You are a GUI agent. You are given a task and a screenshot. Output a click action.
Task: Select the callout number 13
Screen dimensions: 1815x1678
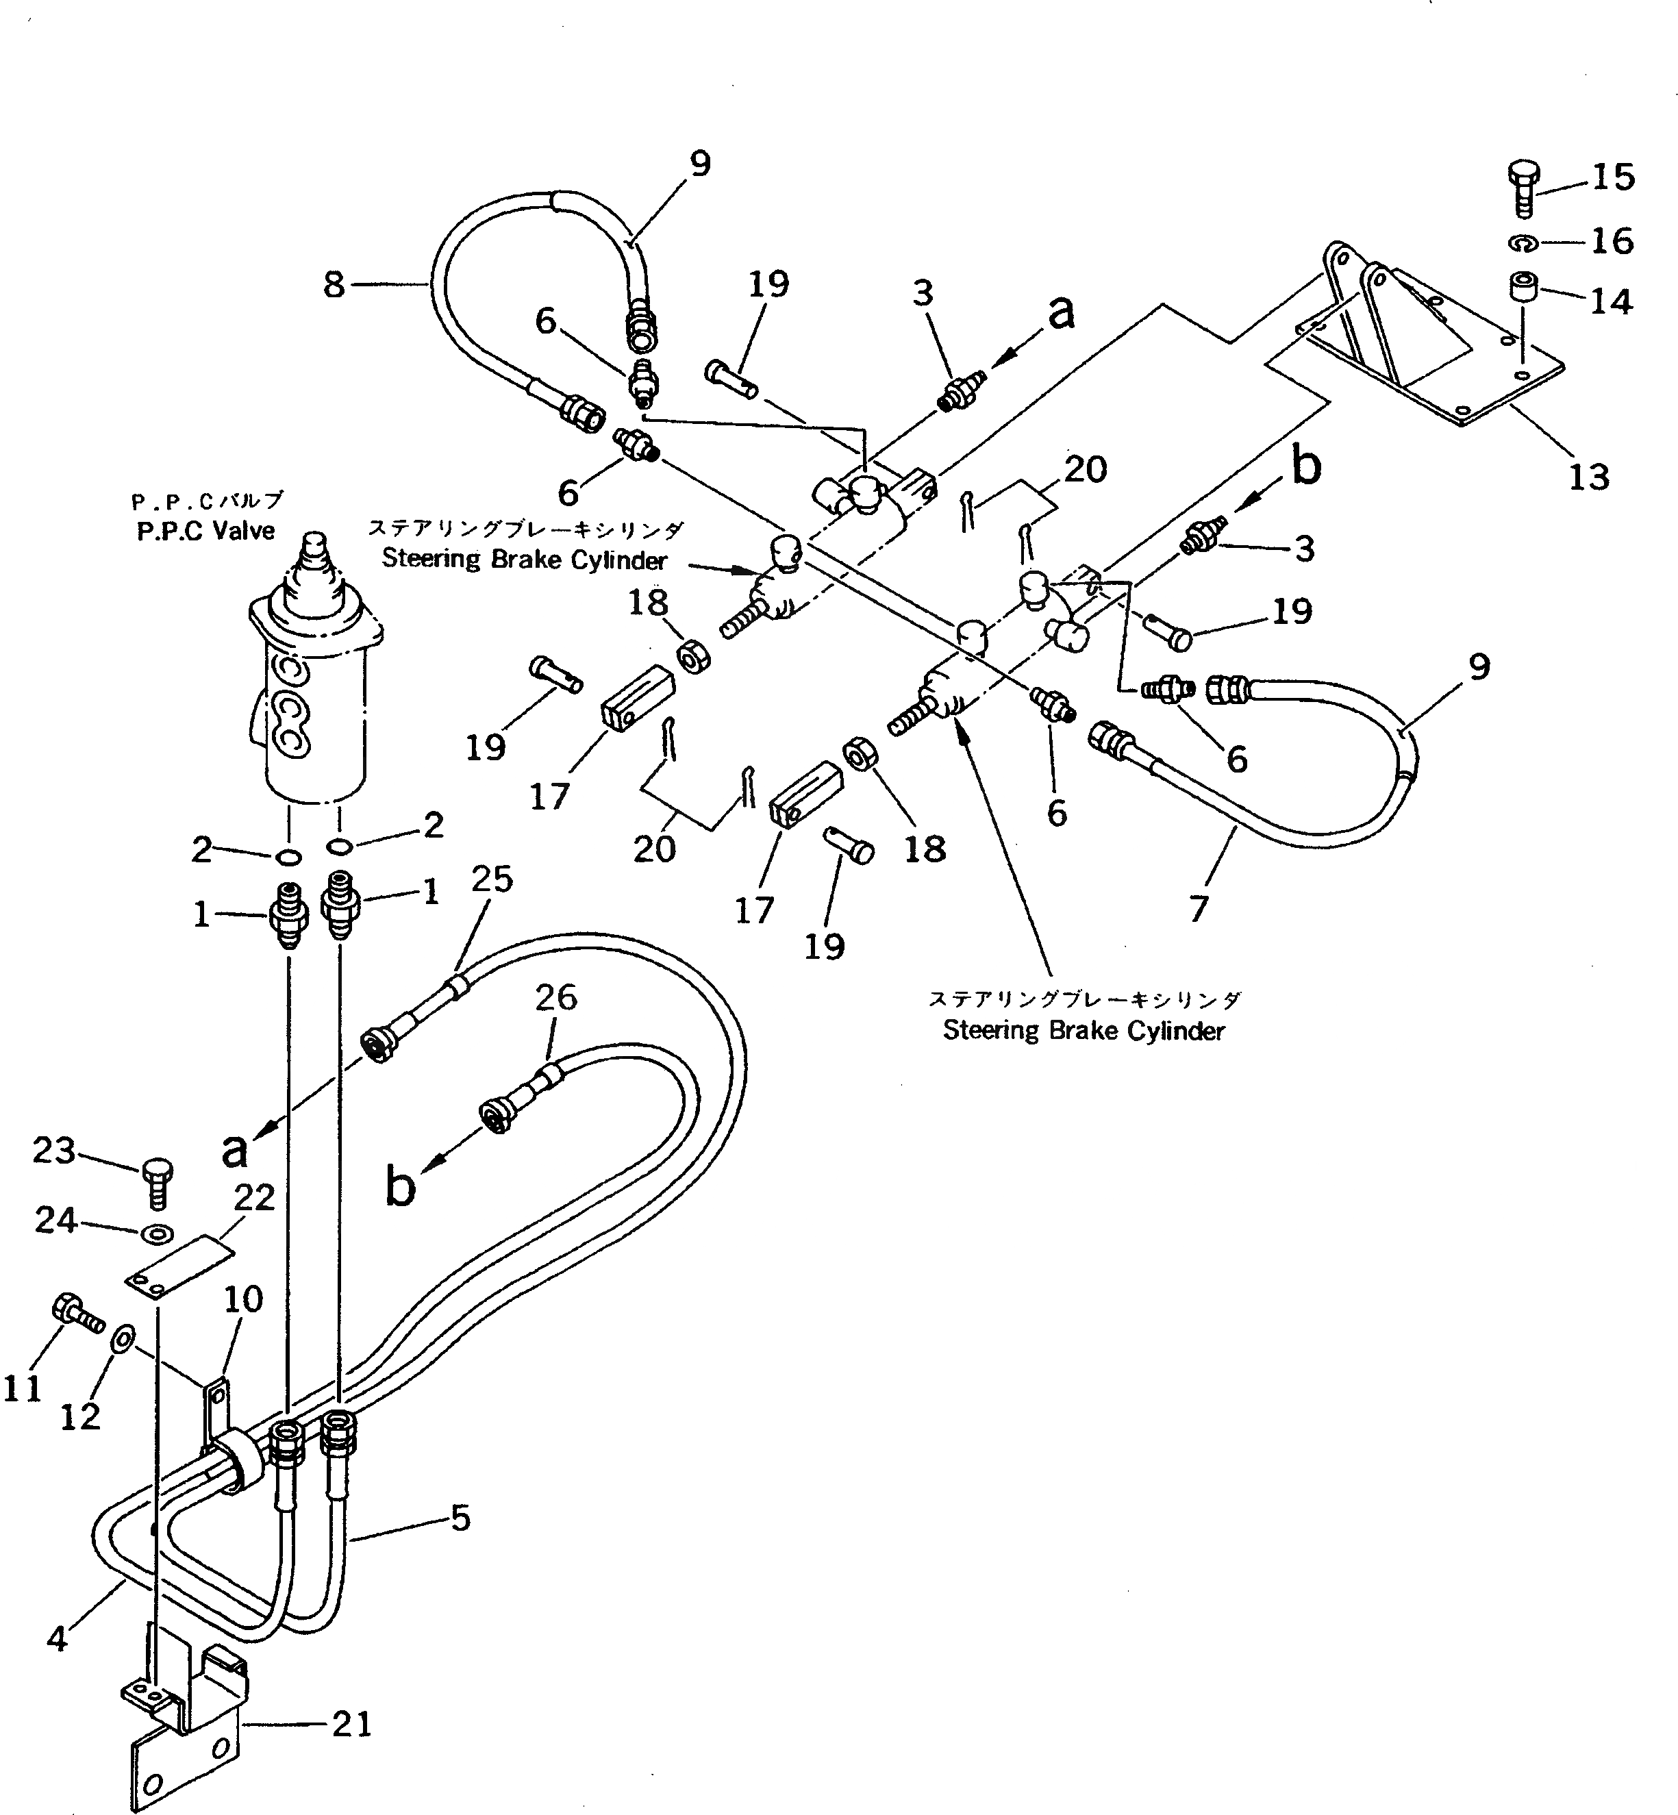pyautogui.click(x=1588, y=477)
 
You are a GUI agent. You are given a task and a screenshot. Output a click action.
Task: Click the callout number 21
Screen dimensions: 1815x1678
pyautogui.click(x=351, y=1723)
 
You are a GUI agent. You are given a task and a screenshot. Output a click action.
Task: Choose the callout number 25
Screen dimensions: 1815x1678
pyautogui.click(x=492, y=879)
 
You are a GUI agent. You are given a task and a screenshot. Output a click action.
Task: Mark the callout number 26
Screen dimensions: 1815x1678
pyautogui.click(x=555, y=997)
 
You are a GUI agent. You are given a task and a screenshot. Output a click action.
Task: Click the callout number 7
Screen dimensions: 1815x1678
pyautogui.click(x=1199, y=907)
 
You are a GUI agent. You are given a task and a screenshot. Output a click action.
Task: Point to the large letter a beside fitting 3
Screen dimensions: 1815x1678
pyautogui.click(x=1060, y=313)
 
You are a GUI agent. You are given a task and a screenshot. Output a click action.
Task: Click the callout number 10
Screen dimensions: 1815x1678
pyautogui.click(x=242, y=1299)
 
